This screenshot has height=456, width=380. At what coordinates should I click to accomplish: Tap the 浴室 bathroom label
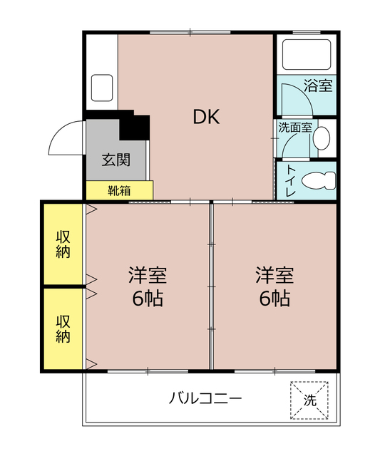click(x=318, y=86)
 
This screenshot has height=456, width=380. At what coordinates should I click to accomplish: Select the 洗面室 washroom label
click(x=294, y=128)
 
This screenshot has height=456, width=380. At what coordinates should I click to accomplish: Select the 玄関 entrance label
click(x=115, y=159)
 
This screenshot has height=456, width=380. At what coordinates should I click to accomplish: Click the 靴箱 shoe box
click(x=119, y=190)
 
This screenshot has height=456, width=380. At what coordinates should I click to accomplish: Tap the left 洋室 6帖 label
click(x=148, y=286)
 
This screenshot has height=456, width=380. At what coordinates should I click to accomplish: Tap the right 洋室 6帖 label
click(x=274, y=286)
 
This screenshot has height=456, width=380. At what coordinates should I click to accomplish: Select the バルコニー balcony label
click(x=205, y=398)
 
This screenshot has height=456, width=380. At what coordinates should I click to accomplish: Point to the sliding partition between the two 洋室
click(x=211, y=286)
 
